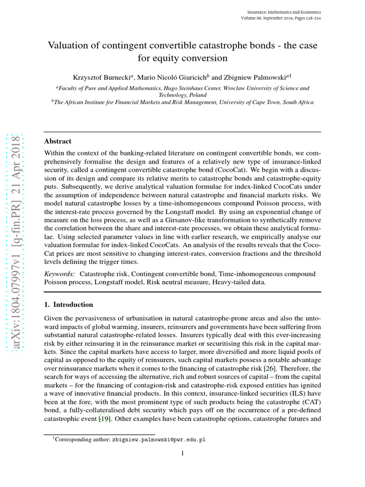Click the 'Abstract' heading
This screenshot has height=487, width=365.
click(58, 141)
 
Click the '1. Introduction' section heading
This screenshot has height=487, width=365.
click(68, 304)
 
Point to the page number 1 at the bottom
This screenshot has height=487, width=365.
click(182, 453)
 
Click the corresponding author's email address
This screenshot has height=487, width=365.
click(159, 440)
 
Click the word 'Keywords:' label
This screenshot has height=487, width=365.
click(60, 274)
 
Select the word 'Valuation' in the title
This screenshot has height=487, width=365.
click(69, 46)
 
